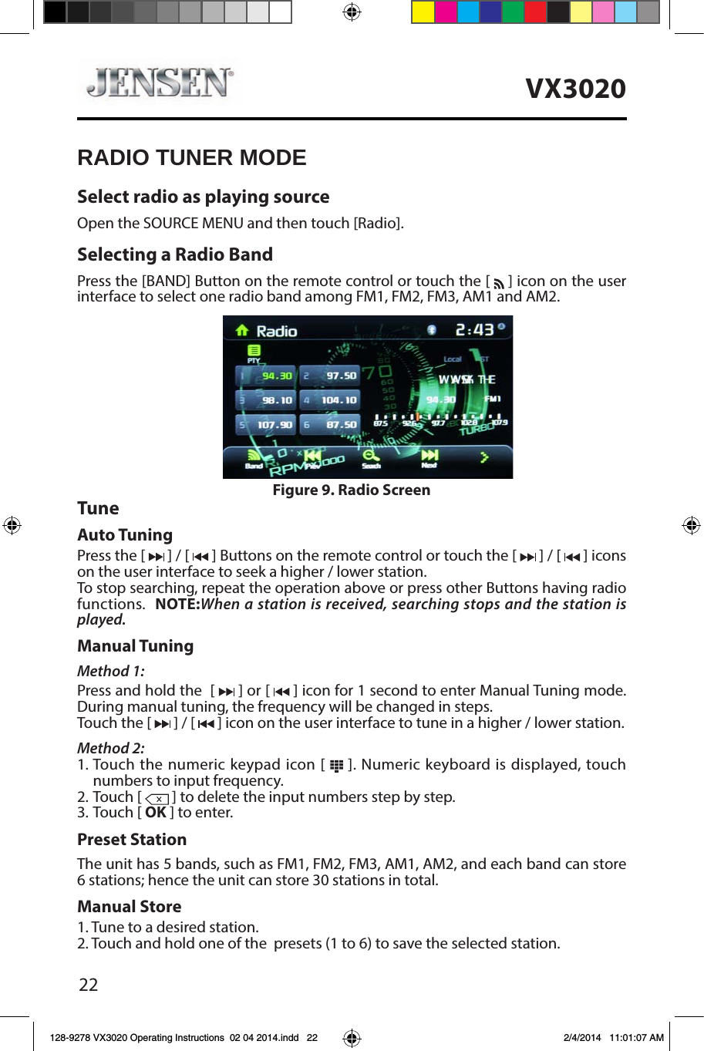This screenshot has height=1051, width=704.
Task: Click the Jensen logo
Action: click(x=160, y=83)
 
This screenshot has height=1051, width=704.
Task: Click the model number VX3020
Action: click(x=575, y=89)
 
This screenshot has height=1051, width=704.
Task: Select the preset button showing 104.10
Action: click(x=330, y=400)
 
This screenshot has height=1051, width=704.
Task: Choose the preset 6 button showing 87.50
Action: click(x=330, y=425)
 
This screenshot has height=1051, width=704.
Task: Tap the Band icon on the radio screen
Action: click(x=254, y=458)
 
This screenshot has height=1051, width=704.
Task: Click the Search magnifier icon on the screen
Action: click(x=371, y=458)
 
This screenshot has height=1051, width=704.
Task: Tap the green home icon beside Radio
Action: click(x=242, y=331)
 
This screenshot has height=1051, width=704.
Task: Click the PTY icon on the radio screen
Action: click(x=254, y=353)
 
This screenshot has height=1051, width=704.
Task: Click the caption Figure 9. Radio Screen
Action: click(x=351, y=490)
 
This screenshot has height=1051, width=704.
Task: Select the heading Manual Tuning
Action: click(x=135, y=646)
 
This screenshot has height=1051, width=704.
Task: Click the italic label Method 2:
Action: click(x=110, y=748)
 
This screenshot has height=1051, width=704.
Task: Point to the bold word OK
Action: click(x=156, y=813)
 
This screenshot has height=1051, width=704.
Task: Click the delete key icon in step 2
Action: click(x=157, y=798)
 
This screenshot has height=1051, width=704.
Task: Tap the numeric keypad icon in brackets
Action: click(x=336, y=766)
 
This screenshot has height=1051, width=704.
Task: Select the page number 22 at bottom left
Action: click(x=89, y=985)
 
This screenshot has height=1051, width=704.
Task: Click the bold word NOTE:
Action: click(x=177, y=605)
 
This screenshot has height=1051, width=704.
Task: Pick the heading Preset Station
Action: click(x=132, y=840)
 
